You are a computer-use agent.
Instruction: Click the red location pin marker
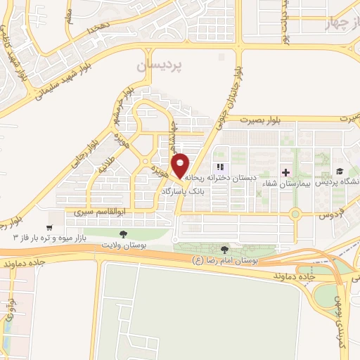click(x=181, y=164)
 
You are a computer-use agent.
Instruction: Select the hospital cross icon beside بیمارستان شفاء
click(x=285, y=172)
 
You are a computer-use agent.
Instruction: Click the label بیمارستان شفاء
click(x=264, y=184)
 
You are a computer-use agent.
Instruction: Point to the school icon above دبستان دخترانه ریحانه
click(x=220, y=167)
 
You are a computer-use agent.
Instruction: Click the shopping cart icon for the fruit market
click(x=49, y=227)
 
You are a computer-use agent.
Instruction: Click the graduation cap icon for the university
click(x=339, y=171)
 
